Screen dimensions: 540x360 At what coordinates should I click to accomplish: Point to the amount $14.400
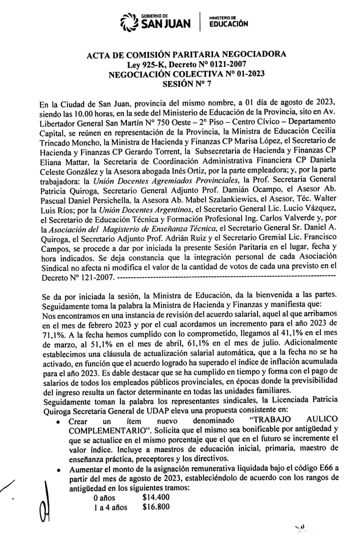156,497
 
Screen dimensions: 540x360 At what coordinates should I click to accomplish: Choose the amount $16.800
156,507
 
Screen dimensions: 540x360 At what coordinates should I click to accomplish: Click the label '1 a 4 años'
110,507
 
